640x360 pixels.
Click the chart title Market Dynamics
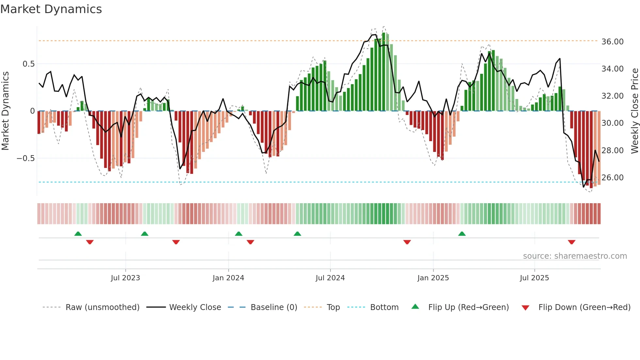[x=51, y=9]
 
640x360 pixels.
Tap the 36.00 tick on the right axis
[x=612, y=42]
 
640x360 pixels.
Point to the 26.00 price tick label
[x=612, y=178]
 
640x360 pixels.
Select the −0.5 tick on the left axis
[x=25, y=158]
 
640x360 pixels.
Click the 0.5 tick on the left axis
[x=28, y=64]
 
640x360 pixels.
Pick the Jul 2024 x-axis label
[x=330, y=278]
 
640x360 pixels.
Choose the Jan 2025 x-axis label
[x=433, y=278]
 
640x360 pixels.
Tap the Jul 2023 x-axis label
[x=125, y=278]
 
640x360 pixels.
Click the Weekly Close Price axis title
[x=634, y=111]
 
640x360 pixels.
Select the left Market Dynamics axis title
[x=5, y=111]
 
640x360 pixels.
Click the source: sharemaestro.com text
[x=575, y=256]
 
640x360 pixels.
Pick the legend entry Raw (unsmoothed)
[x=102, y=307]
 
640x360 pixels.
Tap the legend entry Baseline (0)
[x=274, y=307]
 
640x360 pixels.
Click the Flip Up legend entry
[x=468, y=307]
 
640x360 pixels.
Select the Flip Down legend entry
[x=584, y=307]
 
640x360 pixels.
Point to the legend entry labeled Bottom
[x=384, y=307]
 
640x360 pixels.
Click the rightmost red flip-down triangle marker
[x=571, y=242]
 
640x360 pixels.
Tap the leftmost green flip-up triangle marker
[x=78, y=234]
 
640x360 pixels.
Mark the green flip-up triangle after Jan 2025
[x=462, y=234]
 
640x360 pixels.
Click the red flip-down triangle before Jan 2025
[x=407, y=242]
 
